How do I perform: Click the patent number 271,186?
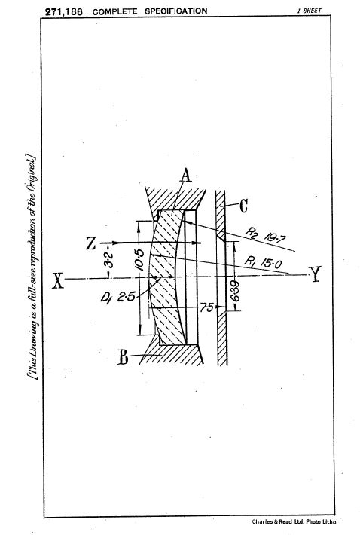(x=64, y=11)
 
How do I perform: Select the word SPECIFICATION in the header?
(x=176, y=11)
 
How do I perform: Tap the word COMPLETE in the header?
(x=115, y=11)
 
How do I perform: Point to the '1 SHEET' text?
(x=310, y=11)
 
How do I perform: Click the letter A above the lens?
(x=185, y=176)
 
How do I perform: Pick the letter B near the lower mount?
(x=123, y=357)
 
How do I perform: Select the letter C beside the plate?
(x=243, y=206)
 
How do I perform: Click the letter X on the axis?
(x=58, y=281)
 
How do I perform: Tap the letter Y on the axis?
(x=315, y=274)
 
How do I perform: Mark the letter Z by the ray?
(x=90, y=243)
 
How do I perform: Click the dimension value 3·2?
(x=108, y=260)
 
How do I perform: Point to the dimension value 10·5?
(x=139, y=260)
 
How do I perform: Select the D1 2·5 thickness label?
(x=117, y=298)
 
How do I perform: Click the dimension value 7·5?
(x=206, y=307)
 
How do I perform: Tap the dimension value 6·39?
(x=235, y=292)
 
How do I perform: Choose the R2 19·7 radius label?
(x=266, y=235)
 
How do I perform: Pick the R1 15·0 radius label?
(x=263, y=263)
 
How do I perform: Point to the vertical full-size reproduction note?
(x=32, y=267)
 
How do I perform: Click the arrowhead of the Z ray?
(x=197, y=243)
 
